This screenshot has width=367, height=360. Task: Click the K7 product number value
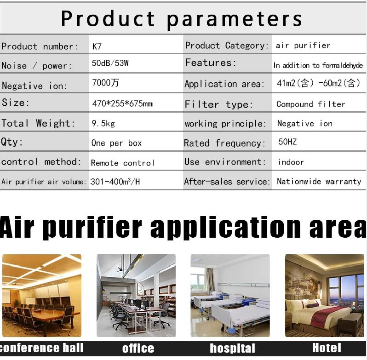tap(97, 46)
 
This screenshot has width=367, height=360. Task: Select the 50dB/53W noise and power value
tap(110, 63)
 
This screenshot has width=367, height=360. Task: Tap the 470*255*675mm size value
tap(122, 103)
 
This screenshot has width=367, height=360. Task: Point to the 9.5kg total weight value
tap(103, 123)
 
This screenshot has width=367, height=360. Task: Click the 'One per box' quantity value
tap(116, 143)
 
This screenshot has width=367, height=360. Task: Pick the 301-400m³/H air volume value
tap(115, 182)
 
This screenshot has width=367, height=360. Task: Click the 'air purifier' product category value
tap(303, 46)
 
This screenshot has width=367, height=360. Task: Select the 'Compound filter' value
tap(311, 104)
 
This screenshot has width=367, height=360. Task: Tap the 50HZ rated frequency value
tap(287, 142)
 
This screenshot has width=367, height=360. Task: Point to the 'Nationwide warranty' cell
tap(319, 181)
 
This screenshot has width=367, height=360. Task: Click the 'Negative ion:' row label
tap(34, 86)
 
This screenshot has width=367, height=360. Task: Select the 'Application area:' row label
tap(224, 84)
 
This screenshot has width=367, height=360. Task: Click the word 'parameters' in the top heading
tap(234, 19)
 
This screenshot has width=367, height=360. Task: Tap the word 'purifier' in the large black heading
tap(93, 226)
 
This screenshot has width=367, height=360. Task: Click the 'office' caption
tap(138, 349)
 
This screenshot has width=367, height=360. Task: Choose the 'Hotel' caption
tap(327, 348)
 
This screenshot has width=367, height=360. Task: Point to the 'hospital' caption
tap(232, 349)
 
